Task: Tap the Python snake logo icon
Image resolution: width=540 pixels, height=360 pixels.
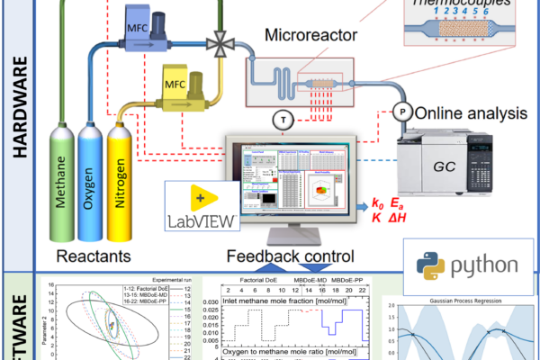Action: [x=422, y=265]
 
